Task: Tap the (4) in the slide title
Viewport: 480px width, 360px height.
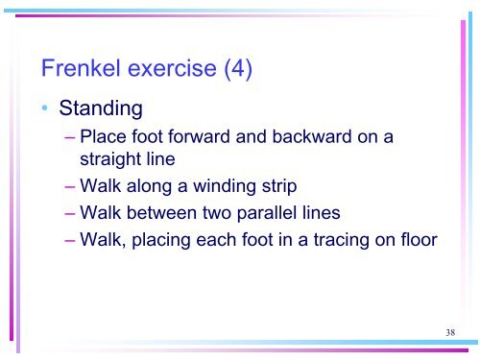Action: (x=235, y=70)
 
